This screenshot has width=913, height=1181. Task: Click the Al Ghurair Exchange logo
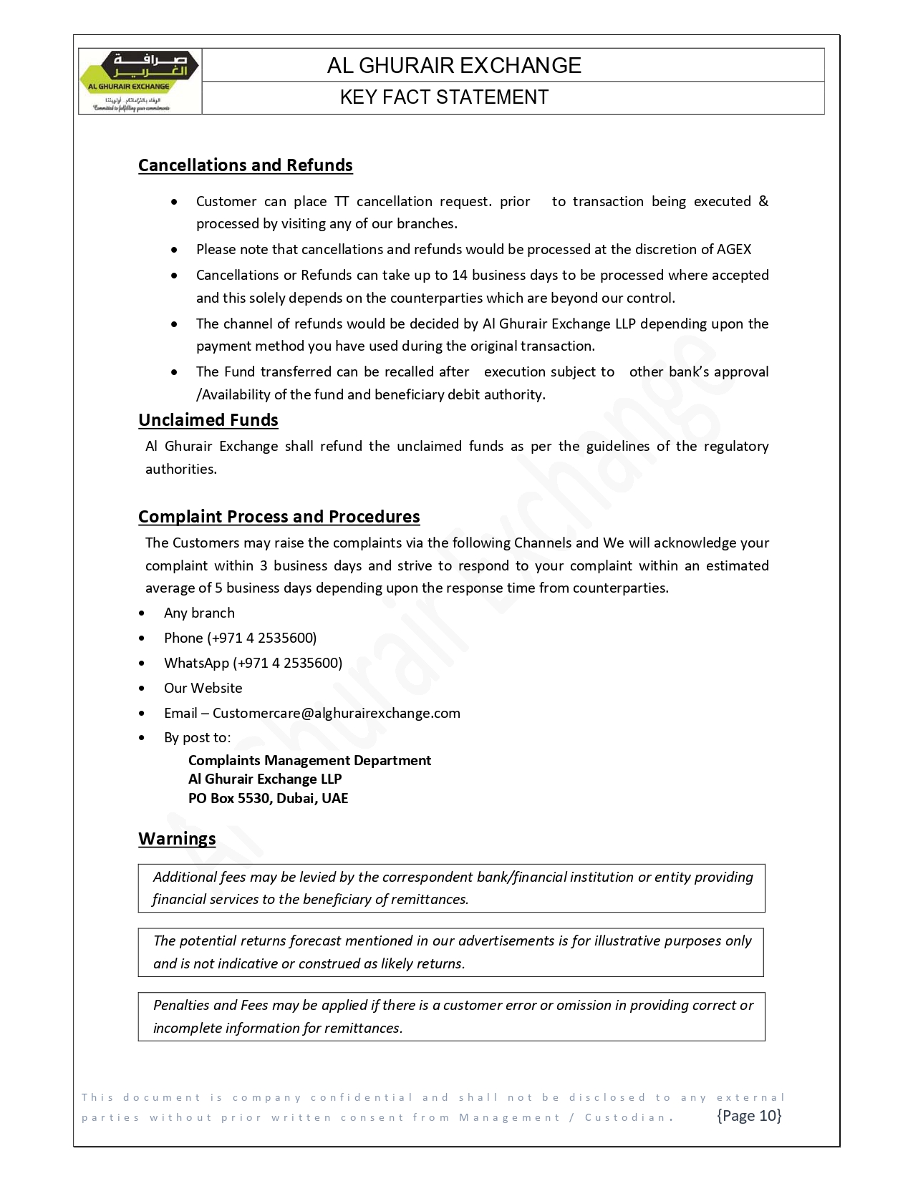(140, 81)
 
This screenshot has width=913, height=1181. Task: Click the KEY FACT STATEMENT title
(444, 97)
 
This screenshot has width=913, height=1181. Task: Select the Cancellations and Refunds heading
(245, 165)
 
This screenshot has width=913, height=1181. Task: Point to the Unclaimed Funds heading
(208, 420)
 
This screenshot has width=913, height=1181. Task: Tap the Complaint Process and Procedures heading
(279, 517)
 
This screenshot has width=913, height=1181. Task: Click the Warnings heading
(177, 839)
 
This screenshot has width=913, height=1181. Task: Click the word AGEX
(734, 249)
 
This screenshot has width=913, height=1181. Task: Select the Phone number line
(240, 638)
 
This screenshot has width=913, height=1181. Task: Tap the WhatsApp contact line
(253, 663)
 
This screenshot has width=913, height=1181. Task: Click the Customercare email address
(336, 713)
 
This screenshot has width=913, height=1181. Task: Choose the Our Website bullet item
(203, 688)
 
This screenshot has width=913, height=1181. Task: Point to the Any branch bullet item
(199, 613)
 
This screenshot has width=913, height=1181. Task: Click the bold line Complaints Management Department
(309, 760)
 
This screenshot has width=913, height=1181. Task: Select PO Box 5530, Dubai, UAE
(268, 798)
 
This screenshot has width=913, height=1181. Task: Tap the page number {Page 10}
(749, 1115)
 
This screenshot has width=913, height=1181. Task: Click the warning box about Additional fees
(451, 888)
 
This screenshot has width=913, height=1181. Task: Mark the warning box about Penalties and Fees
(451, 1016)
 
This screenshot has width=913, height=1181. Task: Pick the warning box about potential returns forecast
(451, 952)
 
